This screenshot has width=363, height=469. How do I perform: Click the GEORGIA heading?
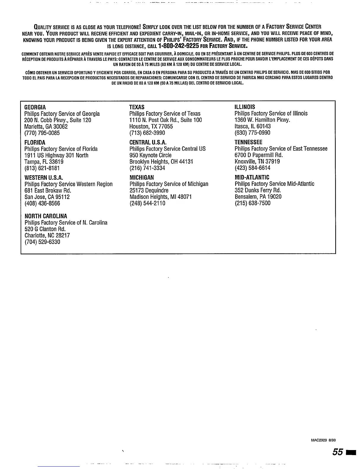[x=35, y=107]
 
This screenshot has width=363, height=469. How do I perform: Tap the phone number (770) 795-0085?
[x=42, y=133]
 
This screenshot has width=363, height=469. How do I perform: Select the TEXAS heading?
[x=137, y=107]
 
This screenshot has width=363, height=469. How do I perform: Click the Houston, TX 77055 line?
[x=151, y=126]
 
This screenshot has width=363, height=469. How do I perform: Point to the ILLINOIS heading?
[x=245, y=107]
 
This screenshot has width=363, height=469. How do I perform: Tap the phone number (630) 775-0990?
[x=252, y=133]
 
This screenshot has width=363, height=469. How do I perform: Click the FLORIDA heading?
[x=35, y=142]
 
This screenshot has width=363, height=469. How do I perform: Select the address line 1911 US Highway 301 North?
[x=56, y=155]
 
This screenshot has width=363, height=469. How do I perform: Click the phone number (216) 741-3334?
[x=147, y=168]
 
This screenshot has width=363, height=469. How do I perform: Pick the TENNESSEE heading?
[x=248, y=142]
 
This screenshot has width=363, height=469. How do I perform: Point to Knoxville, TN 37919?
[x=257, y=161]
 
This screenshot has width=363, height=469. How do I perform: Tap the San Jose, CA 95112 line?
[x=47, y=197]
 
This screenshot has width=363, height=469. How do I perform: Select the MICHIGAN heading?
[x=141, y=178]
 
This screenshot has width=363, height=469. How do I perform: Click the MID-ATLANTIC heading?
[x=252, y=177]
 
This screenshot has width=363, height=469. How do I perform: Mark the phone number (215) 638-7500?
[x=253, y=203]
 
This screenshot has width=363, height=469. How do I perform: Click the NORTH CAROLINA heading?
[x=46, y=216]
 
